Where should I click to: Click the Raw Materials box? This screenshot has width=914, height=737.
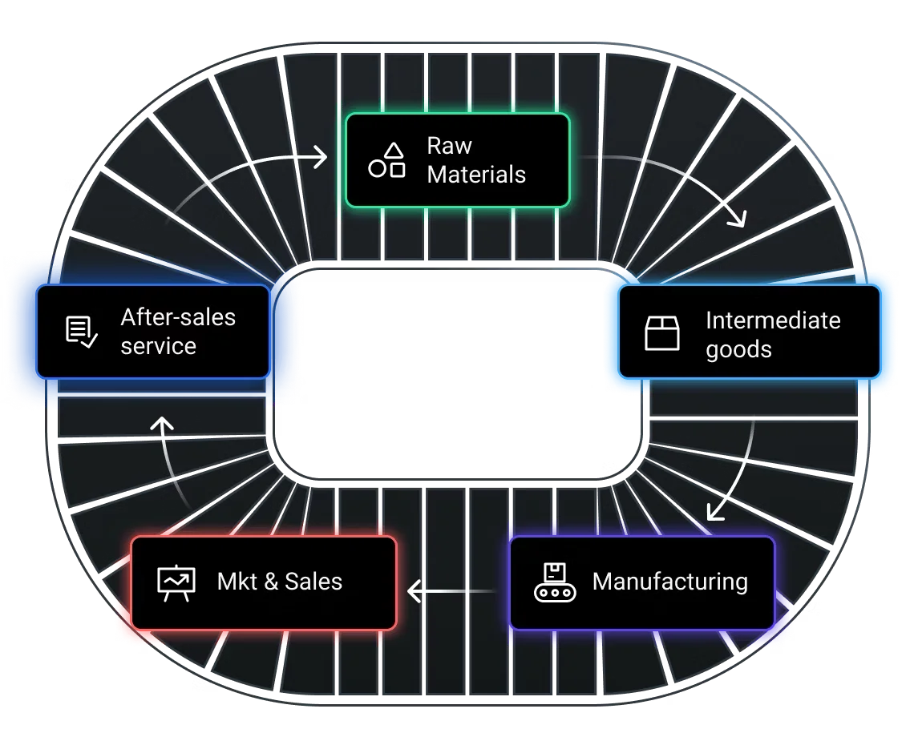point(457,160)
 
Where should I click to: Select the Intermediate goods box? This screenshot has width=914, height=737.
point(749,332)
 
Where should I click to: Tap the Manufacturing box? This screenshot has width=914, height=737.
point(641,582)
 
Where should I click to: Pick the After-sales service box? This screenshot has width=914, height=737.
point(152,332)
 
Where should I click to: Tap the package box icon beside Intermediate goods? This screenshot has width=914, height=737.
point(662,333)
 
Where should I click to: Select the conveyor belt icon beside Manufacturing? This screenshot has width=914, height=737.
point(554,582)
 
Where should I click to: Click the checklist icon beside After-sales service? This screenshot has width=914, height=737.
point(81,332)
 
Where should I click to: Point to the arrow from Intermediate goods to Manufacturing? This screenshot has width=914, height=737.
point(742,469)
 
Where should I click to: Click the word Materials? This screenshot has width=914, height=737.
point(476,175)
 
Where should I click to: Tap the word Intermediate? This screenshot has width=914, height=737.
point(773,320)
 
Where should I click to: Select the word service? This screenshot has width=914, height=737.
point(158,346)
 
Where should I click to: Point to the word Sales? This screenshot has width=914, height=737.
point(313,582)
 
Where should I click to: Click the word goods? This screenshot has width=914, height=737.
point(738,349)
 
